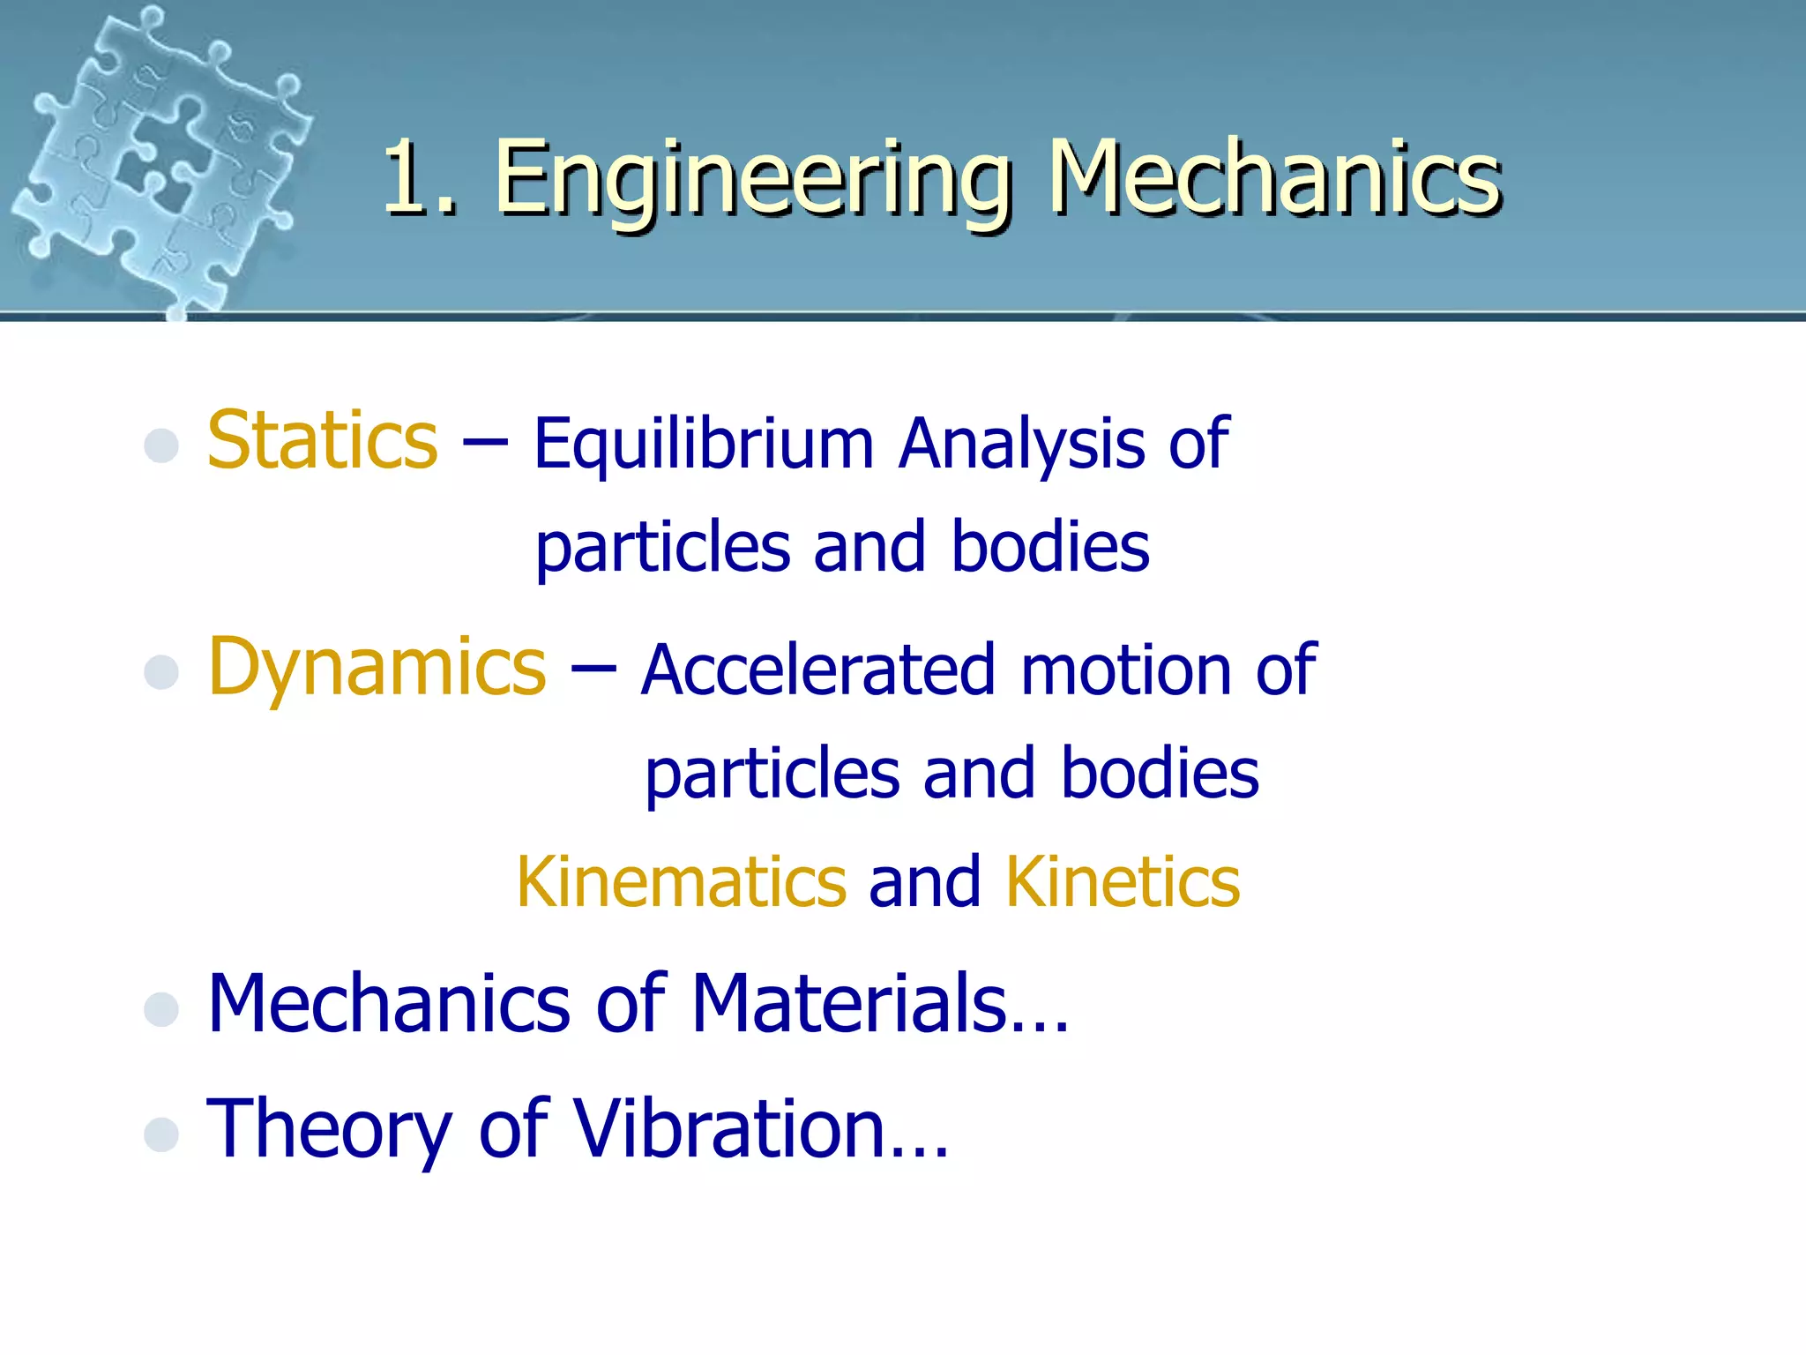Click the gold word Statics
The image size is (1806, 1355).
pos(322,440)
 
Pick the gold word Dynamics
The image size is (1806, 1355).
pos(377,669)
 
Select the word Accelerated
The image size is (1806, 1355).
pos(817,670)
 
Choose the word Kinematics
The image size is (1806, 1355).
pos(681,882)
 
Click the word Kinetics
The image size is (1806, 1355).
pos(1123,882)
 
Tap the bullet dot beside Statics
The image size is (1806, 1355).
pos(161,445)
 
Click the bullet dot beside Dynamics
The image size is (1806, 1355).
pos(161,672)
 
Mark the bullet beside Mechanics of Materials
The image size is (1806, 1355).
pos(161,1009)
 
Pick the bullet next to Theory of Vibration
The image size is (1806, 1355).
pos(161,1134)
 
